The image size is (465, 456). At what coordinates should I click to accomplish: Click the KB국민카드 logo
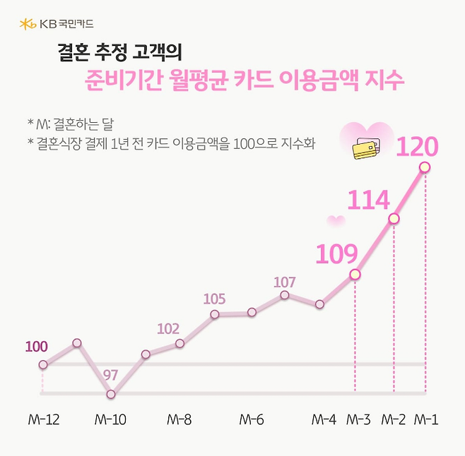point(57,25)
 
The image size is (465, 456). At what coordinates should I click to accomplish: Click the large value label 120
point(417,146)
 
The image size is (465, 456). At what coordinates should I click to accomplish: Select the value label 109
point(337,253)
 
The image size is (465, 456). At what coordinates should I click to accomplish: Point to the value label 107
point(284,282)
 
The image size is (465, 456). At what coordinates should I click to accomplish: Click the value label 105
point(214,299)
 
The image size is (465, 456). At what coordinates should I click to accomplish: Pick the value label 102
point(168,329)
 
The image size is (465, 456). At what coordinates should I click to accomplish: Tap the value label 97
point(110,375)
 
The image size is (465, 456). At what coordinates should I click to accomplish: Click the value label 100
point(36,347)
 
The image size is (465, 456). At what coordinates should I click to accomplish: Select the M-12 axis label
point(43,419)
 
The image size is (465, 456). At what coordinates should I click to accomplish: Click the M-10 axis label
point(110,419)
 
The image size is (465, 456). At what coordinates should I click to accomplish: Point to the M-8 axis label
point(179,419)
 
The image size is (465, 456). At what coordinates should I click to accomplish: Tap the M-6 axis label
point(252,419)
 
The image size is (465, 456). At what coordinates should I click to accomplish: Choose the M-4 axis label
point(324,419)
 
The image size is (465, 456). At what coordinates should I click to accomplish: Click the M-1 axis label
point(426,419)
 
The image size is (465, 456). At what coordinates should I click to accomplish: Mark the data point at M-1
point(425,167)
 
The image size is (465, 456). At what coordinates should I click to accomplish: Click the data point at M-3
point(355,275)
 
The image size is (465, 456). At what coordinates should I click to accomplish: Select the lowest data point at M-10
point(111,395)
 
